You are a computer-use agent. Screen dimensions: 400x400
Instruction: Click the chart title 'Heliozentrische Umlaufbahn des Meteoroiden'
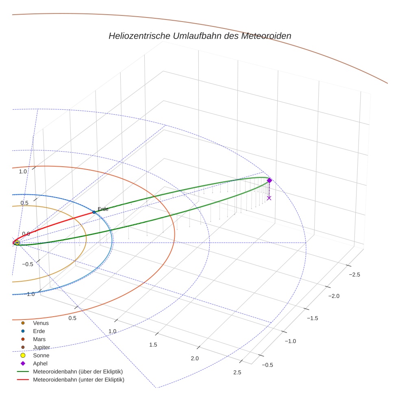(x=200, y=36)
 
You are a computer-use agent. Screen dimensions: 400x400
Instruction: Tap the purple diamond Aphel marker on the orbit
(x=269, y=180)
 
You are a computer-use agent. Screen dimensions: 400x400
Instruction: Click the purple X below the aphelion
(x=269, y=198)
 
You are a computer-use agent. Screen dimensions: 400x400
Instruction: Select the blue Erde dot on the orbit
(x=94, y=212)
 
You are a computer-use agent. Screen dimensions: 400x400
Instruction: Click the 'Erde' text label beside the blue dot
(x=103, y=209)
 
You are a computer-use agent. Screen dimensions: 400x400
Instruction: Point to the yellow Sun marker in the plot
(x=17, y=243)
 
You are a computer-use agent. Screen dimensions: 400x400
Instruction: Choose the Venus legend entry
(x=41, y=323)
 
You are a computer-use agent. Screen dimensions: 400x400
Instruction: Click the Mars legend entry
(x=39, y=339)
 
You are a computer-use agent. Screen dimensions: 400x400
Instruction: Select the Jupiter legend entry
(x=41, y=347)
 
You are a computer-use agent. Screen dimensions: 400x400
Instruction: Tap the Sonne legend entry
(x=41, y=355)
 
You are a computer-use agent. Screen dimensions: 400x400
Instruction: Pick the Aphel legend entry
(x=40, y=363)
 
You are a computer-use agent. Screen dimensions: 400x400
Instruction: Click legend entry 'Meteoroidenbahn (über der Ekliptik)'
(x=78, y=372)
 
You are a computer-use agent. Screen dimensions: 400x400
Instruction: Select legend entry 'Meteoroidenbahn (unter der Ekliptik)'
(x=78, y=380)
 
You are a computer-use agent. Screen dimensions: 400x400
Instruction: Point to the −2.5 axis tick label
(x=354, y=274)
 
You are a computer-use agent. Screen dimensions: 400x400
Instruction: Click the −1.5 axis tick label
(x=312, y=318)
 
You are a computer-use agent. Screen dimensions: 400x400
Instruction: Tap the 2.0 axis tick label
(x=195, y=358)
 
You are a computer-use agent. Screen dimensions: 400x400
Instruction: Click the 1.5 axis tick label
(x=153, y=345)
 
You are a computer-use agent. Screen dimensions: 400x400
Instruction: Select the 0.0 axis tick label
(x=26, y=234)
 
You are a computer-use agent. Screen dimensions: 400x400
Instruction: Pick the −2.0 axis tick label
(x=334, y=296)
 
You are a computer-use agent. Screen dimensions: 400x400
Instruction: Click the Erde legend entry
(x=39, y=331)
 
